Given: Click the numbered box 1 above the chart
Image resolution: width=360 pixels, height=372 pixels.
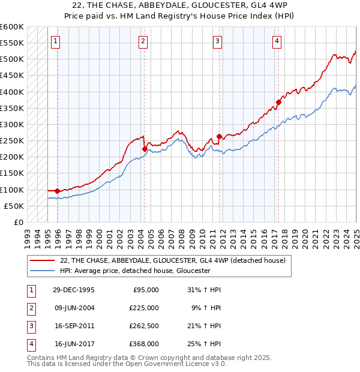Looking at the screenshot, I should click(x=55, y=41).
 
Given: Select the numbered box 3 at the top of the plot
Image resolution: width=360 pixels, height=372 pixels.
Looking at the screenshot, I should click(x=217, y=41).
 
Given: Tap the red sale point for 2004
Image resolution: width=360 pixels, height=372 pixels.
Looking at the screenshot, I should click(x=145, y=149).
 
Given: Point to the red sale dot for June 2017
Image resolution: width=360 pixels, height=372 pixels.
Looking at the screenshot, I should click(x=278, y=102).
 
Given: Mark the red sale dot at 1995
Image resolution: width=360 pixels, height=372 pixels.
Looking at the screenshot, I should click(x=57, y=191).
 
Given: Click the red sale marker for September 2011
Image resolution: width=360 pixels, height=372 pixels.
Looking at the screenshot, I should click(x=219, y=136).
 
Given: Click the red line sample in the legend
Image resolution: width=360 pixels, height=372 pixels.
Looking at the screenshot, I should click(x=43, y=260).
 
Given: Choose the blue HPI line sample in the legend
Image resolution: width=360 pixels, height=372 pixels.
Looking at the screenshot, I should click(x=43, y=271).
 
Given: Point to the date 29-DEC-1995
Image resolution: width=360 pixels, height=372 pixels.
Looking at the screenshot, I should click(x=74, y=289).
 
